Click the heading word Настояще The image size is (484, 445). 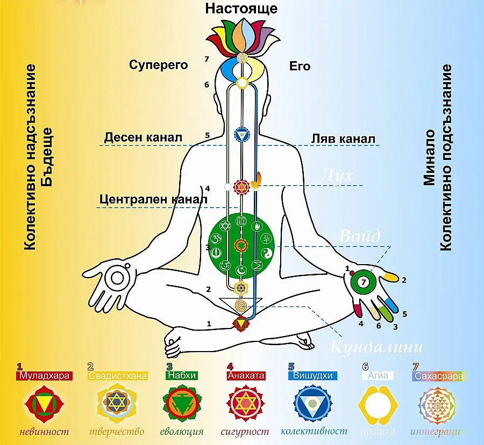click(x=242, y=9)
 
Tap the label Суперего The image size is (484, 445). click(x=158, y=65)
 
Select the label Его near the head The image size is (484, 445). click(x=300, y=67)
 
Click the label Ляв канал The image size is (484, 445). click(x=343, y=138)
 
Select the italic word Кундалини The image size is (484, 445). click(x=376, y=346)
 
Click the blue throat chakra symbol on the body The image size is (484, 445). click(x=241, y=134)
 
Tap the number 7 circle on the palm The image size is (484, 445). click(x=364, y=282)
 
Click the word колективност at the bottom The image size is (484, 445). click(x=307, y=431)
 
